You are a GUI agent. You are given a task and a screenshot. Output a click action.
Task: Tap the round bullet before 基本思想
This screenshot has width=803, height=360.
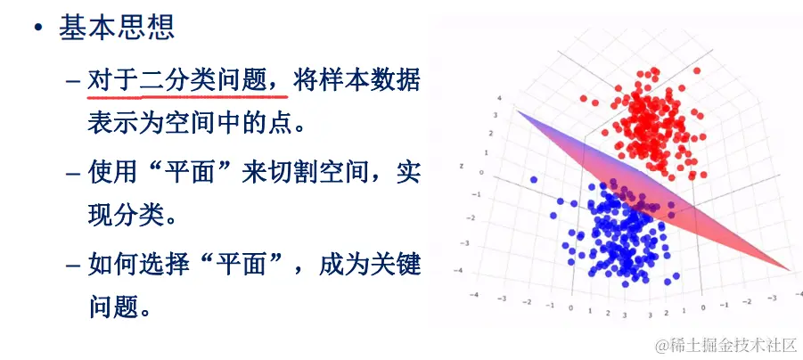click(37, 28)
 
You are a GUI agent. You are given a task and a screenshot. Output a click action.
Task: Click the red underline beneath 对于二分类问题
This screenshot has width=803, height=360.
click(186, 95)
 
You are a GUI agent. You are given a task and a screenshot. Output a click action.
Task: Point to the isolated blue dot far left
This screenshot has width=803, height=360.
click(534, 180)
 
